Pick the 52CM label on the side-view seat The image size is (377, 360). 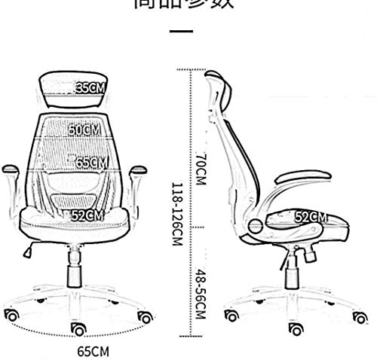(x=310, y=217)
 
